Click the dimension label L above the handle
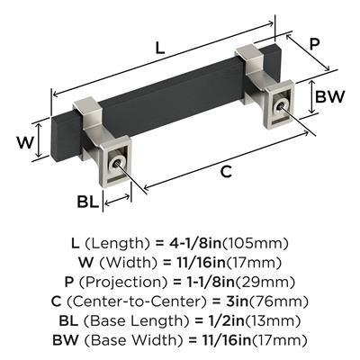[160, 48]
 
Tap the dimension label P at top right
[314, 44]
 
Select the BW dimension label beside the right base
[330, 97]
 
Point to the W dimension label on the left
[25, 142]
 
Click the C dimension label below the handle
[226, 172]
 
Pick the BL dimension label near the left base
[87, 202]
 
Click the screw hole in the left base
[116, 163]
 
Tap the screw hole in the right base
[280, 106]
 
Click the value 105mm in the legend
[255, 244]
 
